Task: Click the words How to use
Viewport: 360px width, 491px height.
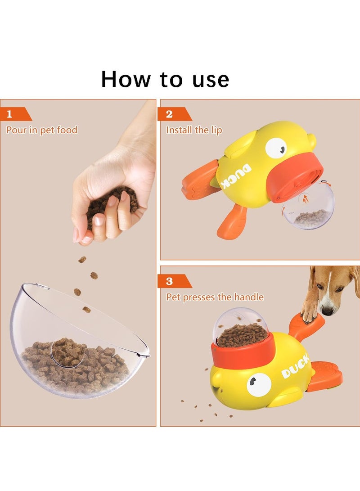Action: [x=165, y=79]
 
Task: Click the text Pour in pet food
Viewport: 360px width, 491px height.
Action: [x=42, y=130]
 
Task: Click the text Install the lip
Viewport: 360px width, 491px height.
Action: [x=194, y=130]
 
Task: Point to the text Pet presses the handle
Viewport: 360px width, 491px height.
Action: [x=215, y=297]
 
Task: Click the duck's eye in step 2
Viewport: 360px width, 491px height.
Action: [x=276, y=148]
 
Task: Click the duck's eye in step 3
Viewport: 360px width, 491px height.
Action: [x=259, y=384]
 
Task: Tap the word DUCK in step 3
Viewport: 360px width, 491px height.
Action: [x=295, y=366]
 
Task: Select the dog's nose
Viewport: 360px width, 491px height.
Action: [x=328, y=311]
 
